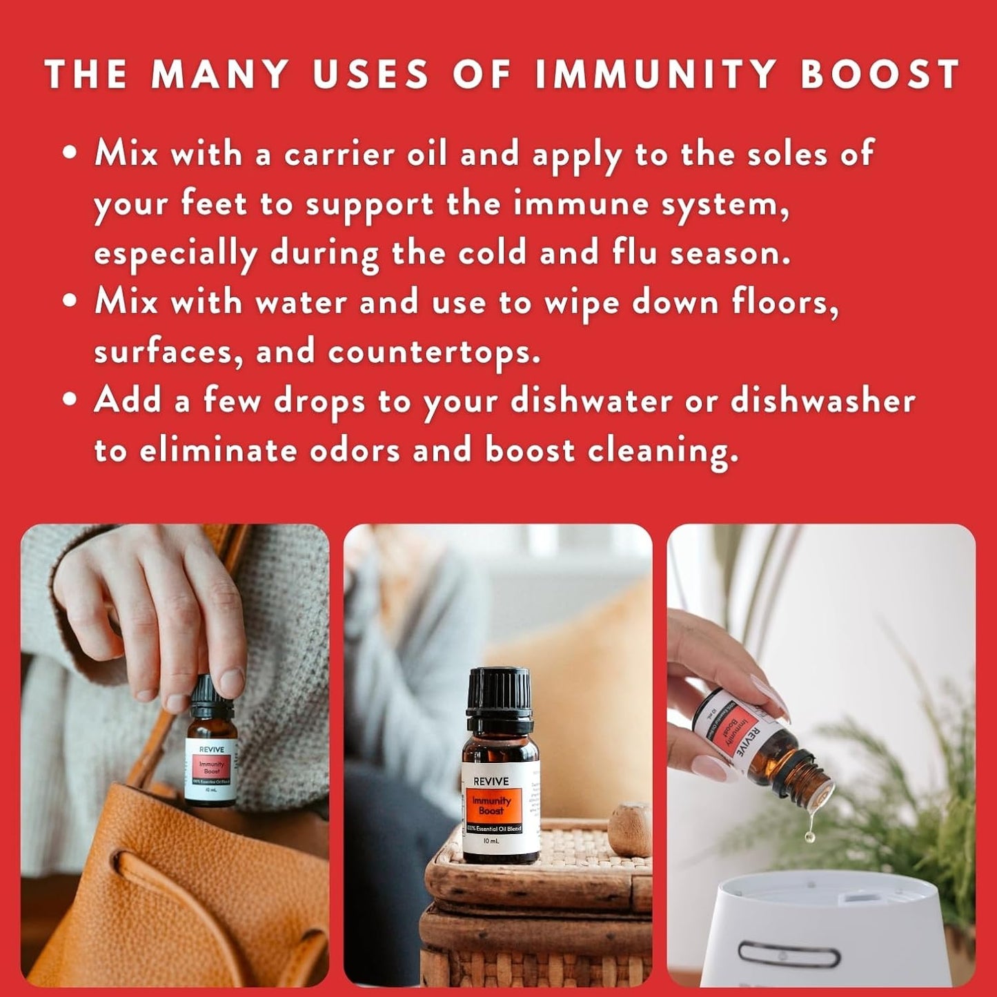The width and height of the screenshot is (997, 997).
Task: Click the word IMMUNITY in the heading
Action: pyautogui.click(x=655, y=74)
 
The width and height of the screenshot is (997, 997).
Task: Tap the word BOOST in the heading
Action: pyautogui.click(x=880, y=74)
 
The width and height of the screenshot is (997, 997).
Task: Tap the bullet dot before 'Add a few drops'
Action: pyautogui.click(x=69, y=400)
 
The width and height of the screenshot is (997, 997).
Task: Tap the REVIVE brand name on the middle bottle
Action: pyautogui.click(x=491, y=782)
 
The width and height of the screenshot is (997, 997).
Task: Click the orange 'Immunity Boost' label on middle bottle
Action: pyautogui.click(x=491, y=805)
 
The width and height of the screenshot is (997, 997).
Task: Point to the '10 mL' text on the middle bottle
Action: pyautogui.click(x=491, y=841)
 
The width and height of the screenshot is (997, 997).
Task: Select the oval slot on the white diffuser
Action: pyautogui.click(x=789, y=956)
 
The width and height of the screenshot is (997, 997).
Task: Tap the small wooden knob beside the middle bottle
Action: pyautogui.click(x=629, y=828)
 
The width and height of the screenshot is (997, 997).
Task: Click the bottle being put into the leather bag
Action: pyautogui.click(x=211, y=759)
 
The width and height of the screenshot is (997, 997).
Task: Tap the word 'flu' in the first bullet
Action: pyautogui.click(x=633, y=253)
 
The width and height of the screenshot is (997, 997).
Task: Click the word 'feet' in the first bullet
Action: pyautogui.click(x=213, y=204)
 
